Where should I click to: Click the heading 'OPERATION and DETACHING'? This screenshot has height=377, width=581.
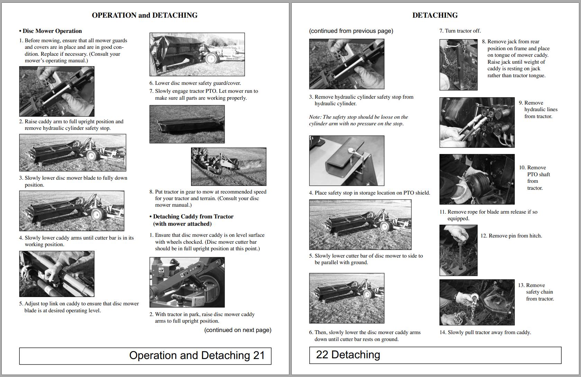145,15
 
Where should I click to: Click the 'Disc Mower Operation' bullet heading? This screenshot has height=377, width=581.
52,31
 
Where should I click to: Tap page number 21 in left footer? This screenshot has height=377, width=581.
258,356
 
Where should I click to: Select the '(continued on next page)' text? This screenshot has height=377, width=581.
238,330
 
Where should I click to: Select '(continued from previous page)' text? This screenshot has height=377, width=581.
351,31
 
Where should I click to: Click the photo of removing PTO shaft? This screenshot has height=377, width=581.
477,179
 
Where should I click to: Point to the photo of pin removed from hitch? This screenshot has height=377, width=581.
458,250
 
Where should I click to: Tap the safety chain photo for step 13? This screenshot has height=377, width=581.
477,302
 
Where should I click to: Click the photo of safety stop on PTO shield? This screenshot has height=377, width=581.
346,161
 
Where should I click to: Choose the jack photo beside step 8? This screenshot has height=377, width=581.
458,65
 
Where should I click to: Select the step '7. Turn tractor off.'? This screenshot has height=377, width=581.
460,31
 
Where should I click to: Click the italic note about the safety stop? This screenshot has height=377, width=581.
358,120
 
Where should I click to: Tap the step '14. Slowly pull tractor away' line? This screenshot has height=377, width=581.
485,332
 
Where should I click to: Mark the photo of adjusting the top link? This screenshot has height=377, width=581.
56,274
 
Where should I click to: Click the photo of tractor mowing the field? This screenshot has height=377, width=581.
228,167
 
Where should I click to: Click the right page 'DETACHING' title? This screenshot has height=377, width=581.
435,15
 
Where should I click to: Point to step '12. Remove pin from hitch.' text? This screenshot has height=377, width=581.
511,236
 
